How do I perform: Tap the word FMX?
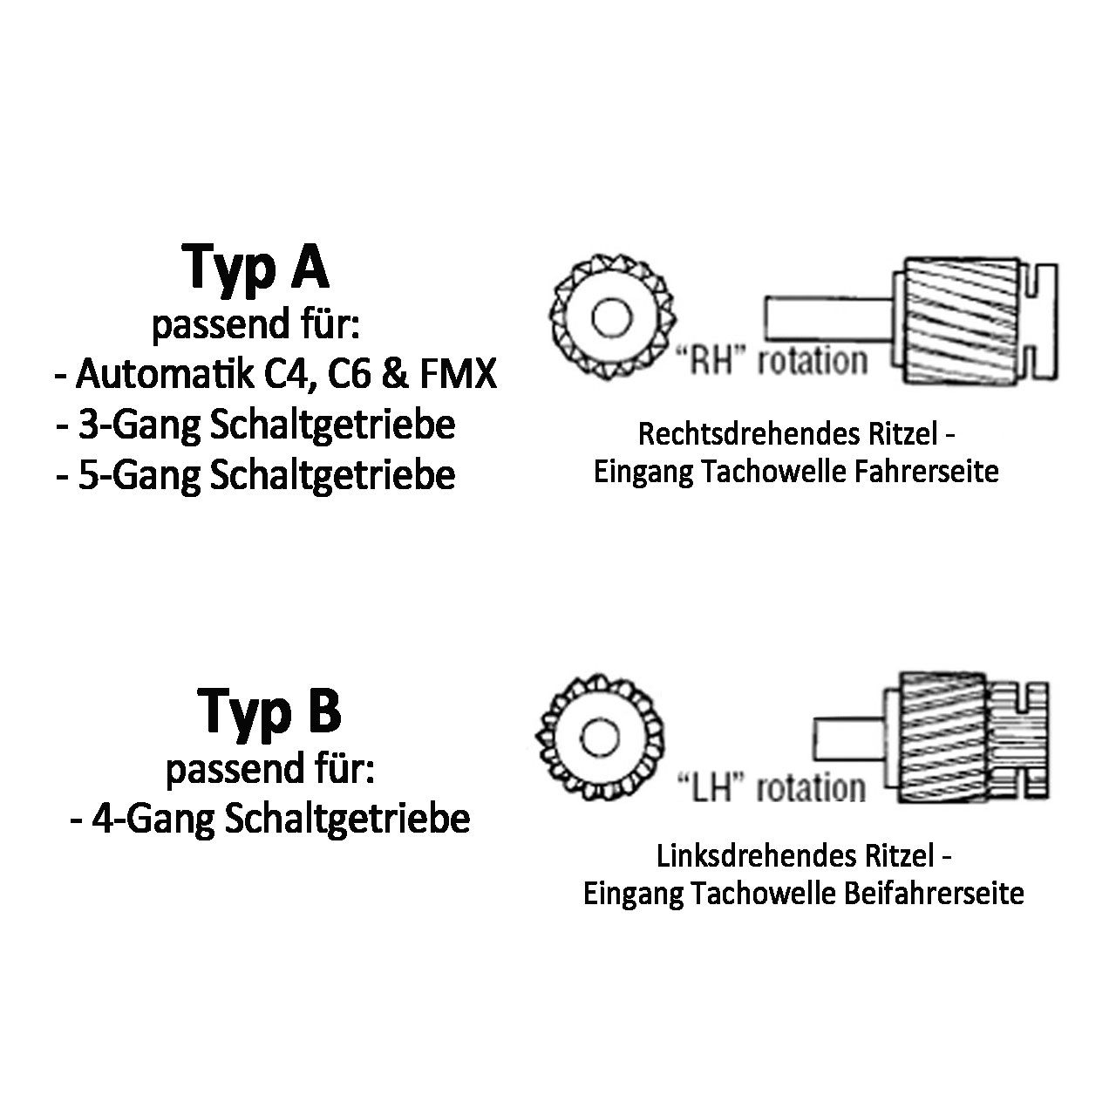[459, 374]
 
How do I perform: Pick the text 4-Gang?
[153, 820]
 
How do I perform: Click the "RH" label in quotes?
[713, 360]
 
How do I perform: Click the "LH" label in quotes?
[713, 787]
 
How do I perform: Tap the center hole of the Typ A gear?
[611, 318]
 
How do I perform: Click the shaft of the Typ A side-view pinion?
[829, 318]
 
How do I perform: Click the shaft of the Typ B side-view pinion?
[849, 739]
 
